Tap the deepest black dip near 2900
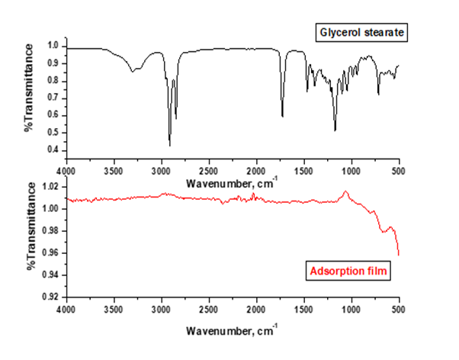click(x=169, y=145)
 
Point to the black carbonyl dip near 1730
click(x=282, y=116)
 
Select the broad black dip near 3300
click(x=133, y=71)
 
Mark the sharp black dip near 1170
click(x=335, y=130)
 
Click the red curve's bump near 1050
click(x=345, y=191)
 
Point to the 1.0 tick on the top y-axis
click(x=53, y=46)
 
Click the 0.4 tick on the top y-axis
click(x=53, y=150)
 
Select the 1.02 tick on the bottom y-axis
click(x=50, y=186)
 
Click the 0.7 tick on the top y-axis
click(x=53, y=98)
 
